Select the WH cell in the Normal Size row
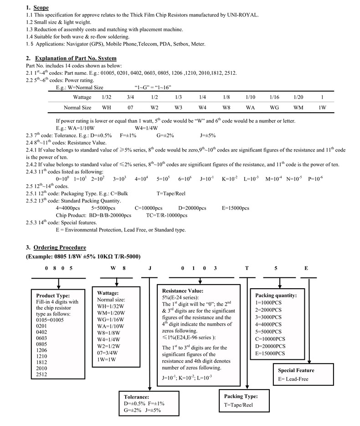(107, 108)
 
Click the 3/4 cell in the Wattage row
(130, 97)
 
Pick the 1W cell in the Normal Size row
(322, 108)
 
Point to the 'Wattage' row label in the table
(82, 97)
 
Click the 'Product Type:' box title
(53, 295)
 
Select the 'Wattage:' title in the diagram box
(108, 293)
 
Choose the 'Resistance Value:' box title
(183, 291)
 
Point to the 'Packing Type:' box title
(241, 396)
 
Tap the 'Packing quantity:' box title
(276, 295)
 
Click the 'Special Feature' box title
(296, 370)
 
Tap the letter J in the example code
(150, 268)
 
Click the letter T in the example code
(247, 268)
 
